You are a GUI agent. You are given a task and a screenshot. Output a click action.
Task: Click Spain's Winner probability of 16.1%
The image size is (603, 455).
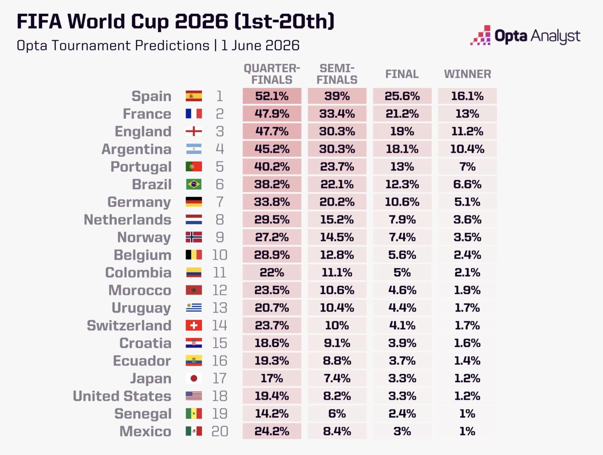pos(467,96)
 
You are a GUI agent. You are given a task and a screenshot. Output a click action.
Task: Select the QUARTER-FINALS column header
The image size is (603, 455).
pos(272,74)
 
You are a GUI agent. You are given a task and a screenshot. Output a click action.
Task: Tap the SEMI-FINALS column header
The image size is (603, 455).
pos(337,74)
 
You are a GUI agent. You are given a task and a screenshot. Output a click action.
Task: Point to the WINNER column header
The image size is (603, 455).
pos(467,74)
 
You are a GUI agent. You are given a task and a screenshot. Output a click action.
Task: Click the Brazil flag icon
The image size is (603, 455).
pos(194,184)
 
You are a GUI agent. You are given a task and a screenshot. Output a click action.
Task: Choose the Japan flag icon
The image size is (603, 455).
pos(194,378)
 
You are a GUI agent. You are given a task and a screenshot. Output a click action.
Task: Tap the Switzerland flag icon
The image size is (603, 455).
pos(194,325)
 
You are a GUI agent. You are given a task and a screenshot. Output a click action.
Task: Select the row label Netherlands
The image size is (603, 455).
pos(127,220)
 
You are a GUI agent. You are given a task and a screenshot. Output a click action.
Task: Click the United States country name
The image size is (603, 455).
pos(122,396)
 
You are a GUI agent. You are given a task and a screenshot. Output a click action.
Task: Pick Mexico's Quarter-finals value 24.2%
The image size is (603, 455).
pos(272,431)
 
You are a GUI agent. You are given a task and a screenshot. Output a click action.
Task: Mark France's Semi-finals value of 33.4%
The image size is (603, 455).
pos(337,113)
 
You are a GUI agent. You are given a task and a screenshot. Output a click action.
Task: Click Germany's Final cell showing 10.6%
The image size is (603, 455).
pos(402,202)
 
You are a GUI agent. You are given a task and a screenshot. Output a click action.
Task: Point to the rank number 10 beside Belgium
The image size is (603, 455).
pos(219,255)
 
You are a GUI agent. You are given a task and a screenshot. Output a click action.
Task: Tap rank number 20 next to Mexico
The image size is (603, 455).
pos(219,431)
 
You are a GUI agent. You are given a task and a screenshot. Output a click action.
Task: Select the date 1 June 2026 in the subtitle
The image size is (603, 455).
pos(260,45)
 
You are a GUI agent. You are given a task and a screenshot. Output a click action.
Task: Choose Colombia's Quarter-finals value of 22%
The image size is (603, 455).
pos(272,272)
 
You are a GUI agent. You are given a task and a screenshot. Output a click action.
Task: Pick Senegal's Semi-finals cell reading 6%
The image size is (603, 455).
pos(337,413)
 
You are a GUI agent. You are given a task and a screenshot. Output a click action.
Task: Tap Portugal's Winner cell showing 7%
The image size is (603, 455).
pos(467,167)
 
